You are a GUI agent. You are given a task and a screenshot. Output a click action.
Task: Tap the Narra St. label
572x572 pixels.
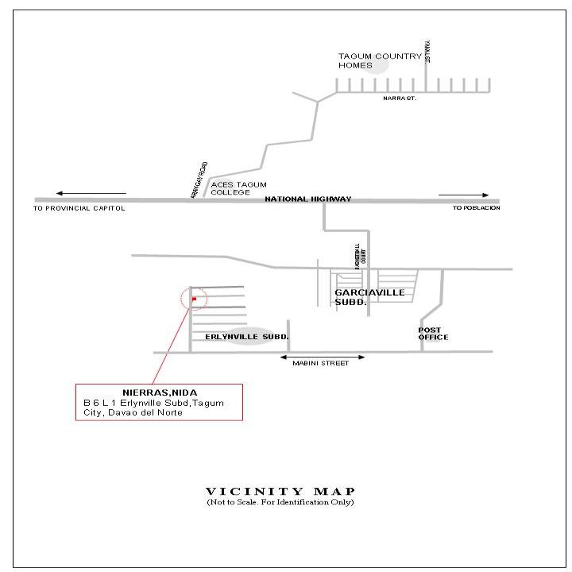tap(400, 98)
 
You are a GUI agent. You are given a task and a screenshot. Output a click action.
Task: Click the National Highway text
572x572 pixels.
tap(307, 199)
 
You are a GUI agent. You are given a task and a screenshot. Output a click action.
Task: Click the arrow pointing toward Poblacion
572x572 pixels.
tap(475, 195)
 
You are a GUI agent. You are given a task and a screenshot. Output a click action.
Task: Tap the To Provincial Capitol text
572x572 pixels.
tap(79, 208)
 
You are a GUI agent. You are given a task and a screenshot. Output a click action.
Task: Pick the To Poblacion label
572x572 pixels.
tap(477, 208)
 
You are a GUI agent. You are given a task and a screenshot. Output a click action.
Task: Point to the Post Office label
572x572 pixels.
tap(434, 333)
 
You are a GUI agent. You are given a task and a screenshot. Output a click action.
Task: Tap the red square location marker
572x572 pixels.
tap(194, 300)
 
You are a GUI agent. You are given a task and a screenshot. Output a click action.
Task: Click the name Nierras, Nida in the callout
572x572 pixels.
tap(160, 393)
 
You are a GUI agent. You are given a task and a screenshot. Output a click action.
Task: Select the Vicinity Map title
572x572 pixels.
tap(280, 491)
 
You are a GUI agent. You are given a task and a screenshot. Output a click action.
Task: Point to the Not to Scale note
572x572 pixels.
tap(280, 502)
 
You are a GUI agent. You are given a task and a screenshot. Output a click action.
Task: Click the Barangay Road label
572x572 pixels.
tap(199, 181)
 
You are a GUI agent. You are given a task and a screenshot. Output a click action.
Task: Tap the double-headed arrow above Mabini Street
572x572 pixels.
tap(323, 358)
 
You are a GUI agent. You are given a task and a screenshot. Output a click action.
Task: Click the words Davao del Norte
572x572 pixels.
tap(145, 412)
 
